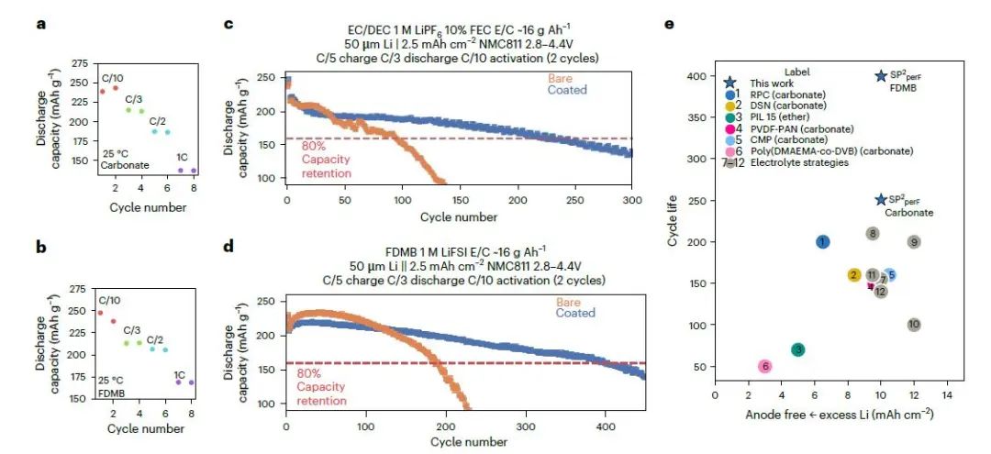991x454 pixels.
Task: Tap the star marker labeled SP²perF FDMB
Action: [881, 77]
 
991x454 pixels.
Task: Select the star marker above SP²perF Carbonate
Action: [881, 199]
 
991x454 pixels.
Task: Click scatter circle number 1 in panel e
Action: [823, 241]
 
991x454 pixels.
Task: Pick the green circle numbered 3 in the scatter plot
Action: [798, 349]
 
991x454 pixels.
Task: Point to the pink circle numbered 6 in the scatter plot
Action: [765, 366]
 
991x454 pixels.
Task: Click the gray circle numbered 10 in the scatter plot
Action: [914, 325]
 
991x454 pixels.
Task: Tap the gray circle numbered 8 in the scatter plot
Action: [873, 233]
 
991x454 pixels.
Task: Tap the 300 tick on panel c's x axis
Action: [632, 202]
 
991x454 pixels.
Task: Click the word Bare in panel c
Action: [560, 78]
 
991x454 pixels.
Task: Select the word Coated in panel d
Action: [574, 313]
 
